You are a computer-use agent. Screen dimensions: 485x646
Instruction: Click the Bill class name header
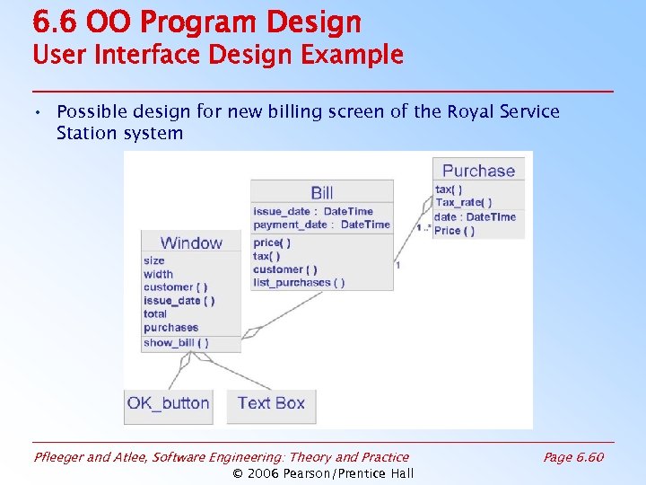322,192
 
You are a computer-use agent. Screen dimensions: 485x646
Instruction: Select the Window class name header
191,242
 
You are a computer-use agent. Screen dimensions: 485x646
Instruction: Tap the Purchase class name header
478,171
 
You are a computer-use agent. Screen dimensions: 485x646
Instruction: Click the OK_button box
169,403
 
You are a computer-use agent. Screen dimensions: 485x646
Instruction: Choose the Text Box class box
271,403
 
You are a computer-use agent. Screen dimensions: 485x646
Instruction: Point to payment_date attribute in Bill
321,225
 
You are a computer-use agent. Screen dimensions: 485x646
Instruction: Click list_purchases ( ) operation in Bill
298,283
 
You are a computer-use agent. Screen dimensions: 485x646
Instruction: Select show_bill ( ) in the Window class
176,343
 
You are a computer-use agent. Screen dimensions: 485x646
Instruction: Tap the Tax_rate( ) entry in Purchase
463,203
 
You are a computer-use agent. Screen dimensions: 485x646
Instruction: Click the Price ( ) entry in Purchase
454,231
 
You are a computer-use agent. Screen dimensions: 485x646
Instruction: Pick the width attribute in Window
158,274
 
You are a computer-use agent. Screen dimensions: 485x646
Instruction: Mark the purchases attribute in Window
170,328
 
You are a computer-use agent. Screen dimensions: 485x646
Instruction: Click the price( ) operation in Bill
271,243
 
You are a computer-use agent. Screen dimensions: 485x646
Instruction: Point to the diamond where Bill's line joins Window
252,331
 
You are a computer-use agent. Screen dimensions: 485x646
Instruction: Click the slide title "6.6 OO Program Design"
196,22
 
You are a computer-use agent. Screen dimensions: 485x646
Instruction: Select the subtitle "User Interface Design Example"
218,55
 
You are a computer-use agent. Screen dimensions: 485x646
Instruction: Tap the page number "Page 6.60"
573,458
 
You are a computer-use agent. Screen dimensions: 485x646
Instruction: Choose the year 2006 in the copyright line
264,473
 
